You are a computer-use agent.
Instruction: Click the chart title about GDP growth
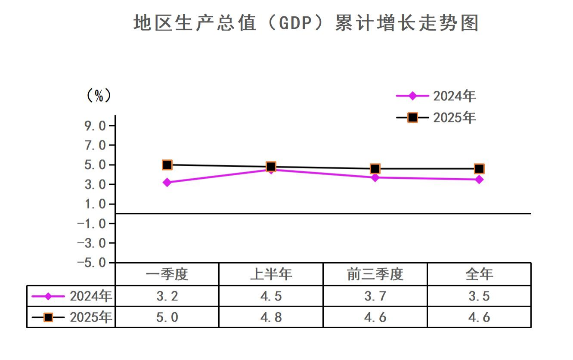306,23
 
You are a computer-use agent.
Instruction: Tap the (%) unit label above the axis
99,96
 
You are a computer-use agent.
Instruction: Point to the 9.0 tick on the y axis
95,126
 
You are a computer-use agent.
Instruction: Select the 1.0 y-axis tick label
95,204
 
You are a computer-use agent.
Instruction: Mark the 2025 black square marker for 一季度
167,164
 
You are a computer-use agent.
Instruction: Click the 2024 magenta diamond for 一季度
167,182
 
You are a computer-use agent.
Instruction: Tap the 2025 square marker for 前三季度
375,168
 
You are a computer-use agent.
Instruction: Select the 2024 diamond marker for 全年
479,179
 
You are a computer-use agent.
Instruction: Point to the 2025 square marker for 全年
479,168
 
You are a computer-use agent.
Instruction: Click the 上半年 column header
271,274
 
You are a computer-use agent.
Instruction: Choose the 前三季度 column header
375,274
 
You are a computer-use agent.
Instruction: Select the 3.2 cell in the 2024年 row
167,296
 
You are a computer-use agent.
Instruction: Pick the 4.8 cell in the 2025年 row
271,317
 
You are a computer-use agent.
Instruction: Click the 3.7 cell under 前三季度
375,296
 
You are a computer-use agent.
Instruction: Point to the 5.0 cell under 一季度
167,317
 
